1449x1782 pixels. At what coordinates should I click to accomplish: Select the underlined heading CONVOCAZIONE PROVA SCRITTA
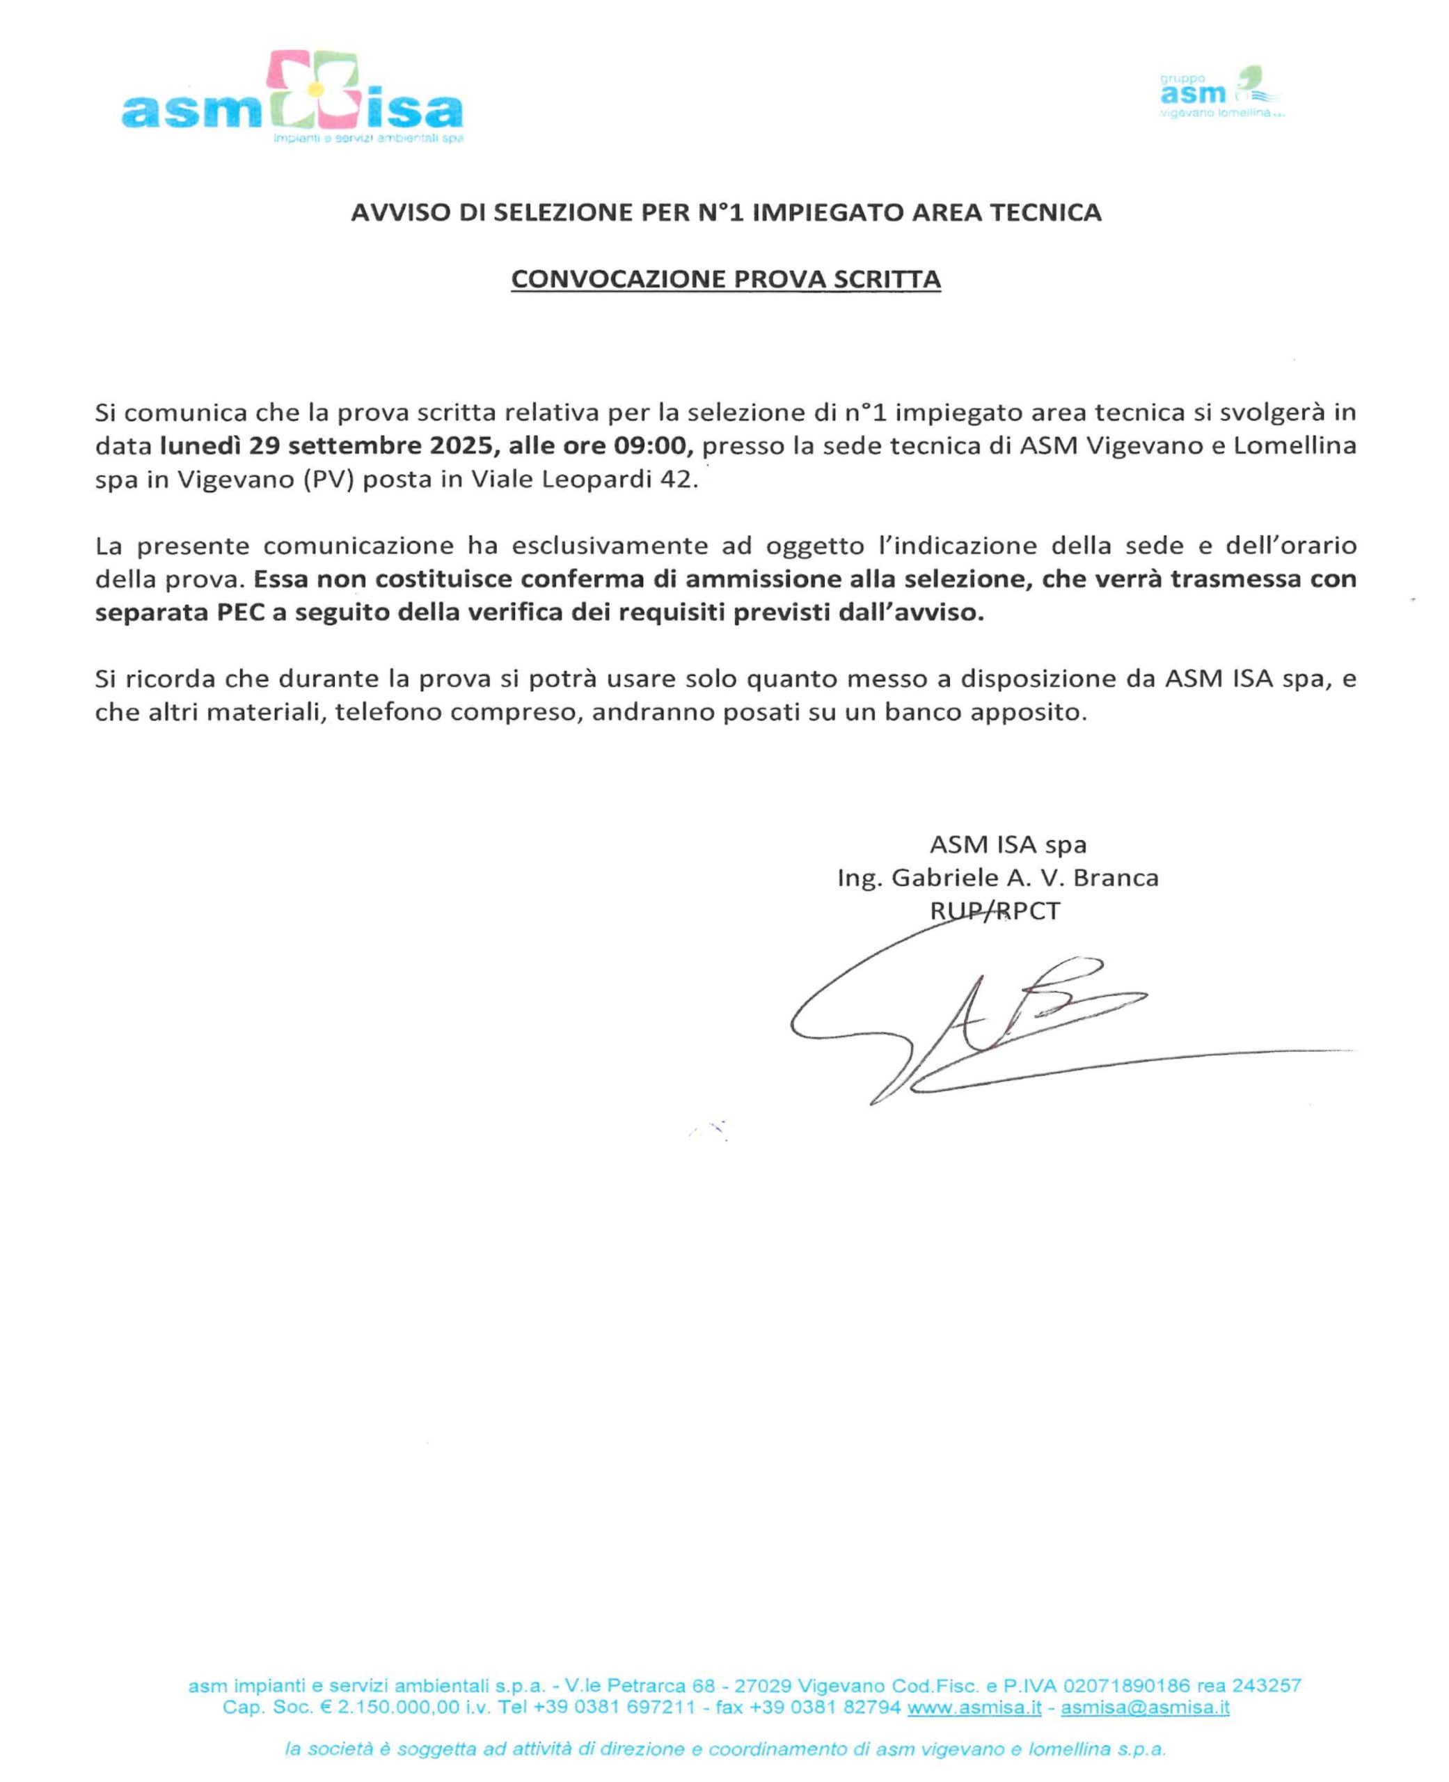(725, 278)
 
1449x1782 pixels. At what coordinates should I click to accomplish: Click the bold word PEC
(240, 613)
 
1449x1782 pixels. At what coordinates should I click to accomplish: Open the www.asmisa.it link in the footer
(974, 1707)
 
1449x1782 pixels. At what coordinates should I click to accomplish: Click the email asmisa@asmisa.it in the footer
(1144, 1707)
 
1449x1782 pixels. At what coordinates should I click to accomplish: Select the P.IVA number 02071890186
(1126, 1685)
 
